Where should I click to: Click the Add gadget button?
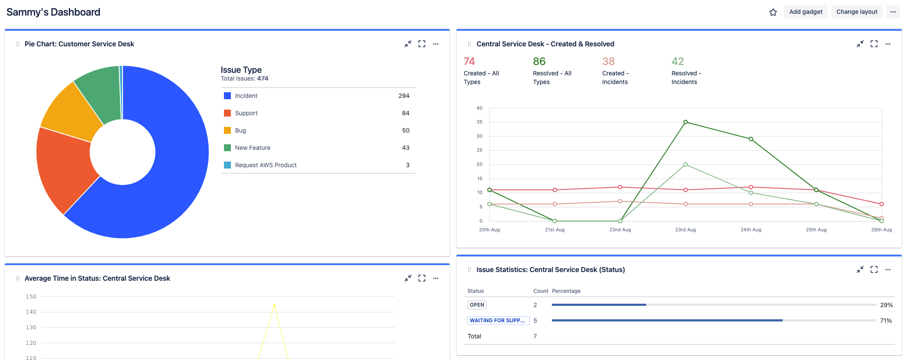point(805,12)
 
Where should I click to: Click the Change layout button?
point(856,12)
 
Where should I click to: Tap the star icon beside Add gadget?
point(773,12)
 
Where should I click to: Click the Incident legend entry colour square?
point(227,96)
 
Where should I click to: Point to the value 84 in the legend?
point(405,113)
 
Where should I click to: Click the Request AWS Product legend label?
point(266,165)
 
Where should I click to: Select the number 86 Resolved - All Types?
point(539,62)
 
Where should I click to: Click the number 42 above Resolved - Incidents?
point(677,62)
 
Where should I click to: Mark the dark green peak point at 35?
point(685,122)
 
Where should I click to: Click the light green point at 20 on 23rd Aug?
point(685,165)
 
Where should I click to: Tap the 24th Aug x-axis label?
point(751,230)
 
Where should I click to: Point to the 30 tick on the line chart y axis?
point(479,136)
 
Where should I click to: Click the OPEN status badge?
point(477,305)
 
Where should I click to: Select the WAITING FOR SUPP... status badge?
point(498,321)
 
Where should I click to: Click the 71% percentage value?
point(886,321)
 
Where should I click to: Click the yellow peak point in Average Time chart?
point(274,306)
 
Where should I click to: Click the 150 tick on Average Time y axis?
point(31,297)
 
